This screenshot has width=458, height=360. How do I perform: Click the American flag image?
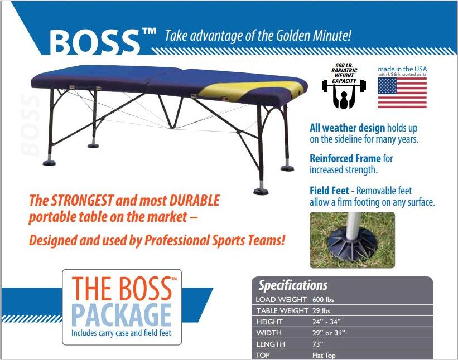pos(402,93)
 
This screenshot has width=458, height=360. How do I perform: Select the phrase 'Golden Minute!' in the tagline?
pos(314,36)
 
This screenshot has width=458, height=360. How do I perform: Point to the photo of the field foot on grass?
pos(352,240)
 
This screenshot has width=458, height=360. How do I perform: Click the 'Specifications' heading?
pos(293,285)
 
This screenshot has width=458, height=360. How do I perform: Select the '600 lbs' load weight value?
pos(323,300)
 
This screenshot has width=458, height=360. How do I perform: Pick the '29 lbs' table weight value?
pos(321,311)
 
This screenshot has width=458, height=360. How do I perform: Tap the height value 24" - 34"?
pos(326,322)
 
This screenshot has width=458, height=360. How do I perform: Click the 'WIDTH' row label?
pos(269,333)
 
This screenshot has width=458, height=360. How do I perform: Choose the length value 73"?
pos(318,344)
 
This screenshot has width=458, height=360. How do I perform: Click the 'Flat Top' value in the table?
pos(324,356)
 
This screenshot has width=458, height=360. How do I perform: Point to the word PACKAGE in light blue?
pos(121,315)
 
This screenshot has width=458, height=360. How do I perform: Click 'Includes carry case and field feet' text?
pos(121,333)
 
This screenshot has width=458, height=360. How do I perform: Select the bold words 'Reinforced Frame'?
pos(345,158)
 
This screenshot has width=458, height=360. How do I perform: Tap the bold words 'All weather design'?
pos(348,128)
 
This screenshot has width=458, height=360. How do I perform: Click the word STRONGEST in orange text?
pos(82,201)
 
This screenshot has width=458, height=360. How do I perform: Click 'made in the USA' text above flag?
pos(402,69)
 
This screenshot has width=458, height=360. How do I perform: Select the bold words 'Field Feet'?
pos(330,191)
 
